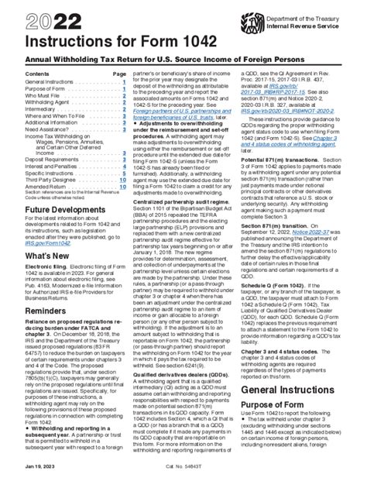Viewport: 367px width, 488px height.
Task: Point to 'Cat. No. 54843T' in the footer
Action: tap(183, 478)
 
